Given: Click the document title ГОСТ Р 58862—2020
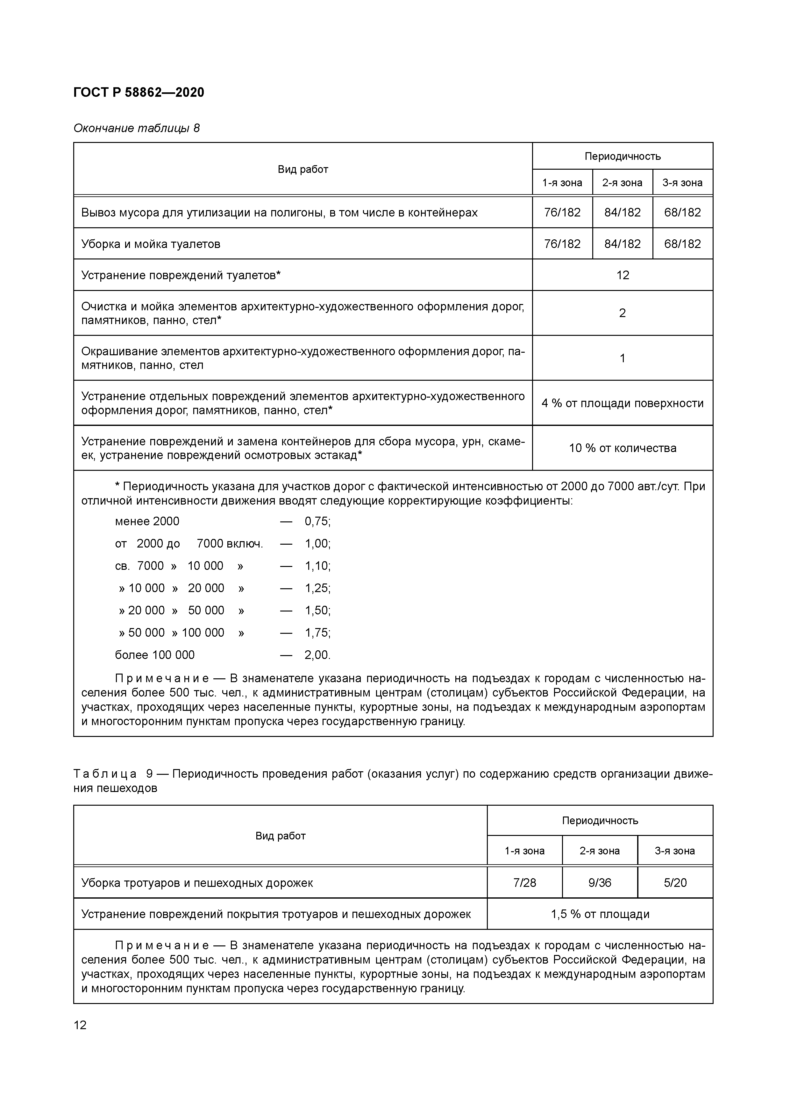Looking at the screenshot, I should (139, 92).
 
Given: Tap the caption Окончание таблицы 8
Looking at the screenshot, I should (136, 128).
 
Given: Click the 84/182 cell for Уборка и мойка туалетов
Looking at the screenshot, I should (622, 244).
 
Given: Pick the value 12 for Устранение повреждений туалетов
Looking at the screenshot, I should (623, 275).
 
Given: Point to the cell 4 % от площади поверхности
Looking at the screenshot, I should (623, 403).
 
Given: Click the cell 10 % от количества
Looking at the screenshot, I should (623, 448).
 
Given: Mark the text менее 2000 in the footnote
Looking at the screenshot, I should (147, 521).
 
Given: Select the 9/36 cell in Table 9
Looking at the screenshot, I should (600, 882).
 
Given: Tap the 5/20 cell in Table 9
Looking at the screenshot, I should (675, 882).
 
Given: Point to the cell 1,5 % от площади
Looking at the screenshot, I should (600, 914).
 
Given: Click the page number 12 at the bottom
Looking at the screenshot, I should (80, 1025).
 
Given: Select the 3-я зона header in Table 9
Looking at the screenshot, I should (675, 851).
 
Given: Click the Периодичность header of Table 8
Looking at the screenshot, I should (623, 156).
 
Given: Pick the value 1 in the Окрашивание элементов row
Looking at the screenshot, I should (623, 358).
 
